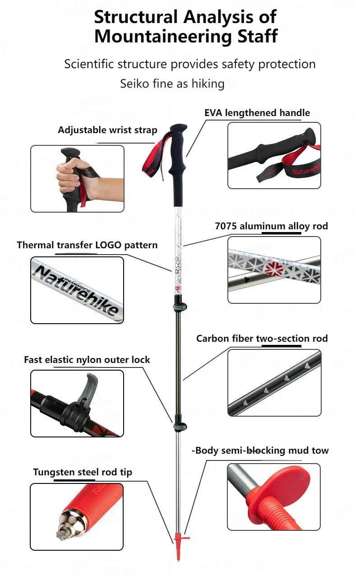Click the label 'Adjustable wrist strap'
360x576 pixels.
(107, 130)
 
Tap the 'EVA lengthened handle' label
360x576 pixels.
(257, 113)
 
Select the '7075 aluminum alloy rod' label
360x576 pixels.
(271, 226)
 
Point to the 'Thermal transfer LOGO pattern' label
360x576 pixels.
(87, 245)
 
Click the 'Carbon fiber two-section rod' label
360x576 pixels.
(262, 339)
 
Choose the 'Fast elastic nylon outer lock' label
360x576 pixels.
(87, 360)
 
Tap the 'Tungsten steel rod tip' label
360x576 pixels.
(83, 473)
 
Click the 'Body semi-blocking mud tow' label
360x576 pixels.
(260, 451)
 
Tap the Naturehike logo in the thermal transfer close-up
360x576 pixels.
(77, 290)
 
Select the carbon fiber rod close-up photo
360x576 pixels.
(274, 383)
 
